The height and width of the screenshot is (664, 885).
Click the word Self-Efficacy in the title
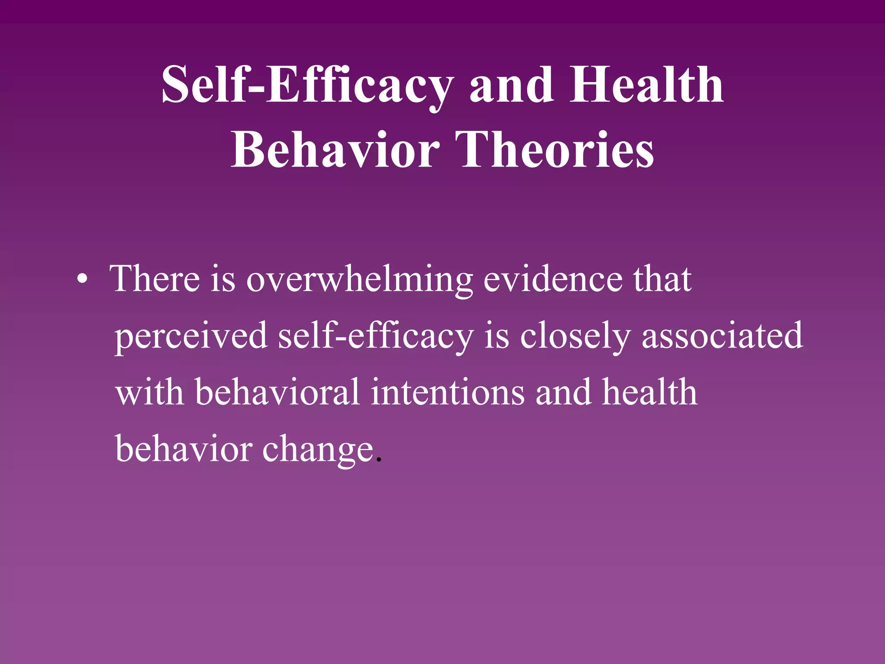pyautogui.click(x=307, y=85)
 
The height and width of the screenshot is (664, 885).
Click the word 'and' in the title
pyautogui.click(x=511, y=85)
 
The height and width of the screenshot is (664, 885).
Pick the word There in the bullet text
pyautogui.click(x=156, y=279)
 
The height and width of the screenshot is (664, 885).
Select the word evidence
pyautogui.click(x=553, y=279)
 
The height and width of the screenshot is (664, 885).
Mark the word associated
pyautogui.click(x=722, y=335)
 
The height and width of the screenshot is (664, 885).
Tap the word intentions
pyautogui.click(x=448, y=392)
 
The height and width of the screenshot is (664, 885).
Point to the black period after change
pyautogui.click(x=379, y=460)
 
